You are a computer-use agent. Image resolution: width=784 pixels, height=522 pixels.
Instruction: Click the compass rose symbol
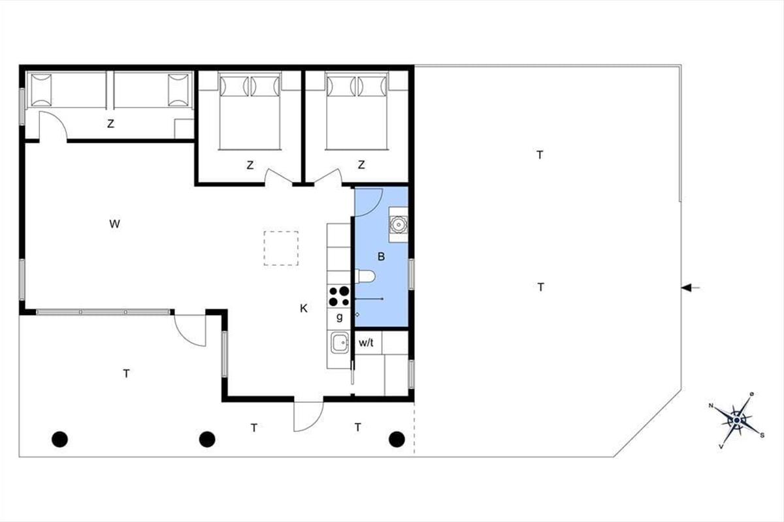pyautogui.click(x=737, y=421)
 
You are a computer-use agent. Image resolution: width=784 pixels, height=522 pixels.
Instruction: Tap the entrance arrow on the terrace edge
pyautogui.click(x=690, y=288)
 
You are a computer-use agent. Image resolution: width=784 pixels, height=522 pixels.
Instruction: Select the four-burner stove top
pyautogui.click(x=339, y=296)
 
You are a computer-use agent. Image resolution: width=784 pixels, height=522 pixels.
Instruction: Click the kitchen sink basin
pyautogui.click(x=340, y=343)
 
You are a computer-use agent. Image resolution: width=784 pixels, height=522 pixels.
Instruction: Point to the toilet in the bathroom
pyautogui.click(x=365, y=277)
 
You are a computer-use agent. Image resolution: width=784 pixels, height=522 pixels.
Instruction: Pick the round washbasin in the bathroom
pyautogui.click(x=399, y=224)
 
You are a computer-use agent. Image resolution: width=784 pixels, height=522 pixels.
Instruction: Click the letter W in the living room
pyautogui.click(x=114, y=224)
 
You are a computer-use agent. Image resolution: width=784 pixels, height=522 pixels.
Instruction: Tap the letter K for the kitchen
pyautogui.click(x=304, y=309)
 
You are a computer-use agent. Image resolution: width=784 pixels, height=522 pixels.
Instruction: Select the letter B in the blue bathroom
pyautogui.click(x=381, y=257)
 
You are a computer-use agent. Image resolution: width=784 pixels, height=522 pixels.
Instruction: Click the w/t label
pyautogui.click(x=366, y=343)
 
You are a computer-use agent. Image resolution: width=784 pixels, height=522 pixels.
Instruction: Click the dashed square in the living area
pyautogui.click(x=281, y=248)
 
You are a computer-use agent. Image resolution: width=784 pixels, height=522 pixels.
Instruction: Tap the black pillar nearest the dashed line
pyautogui.click(x=397, y=440)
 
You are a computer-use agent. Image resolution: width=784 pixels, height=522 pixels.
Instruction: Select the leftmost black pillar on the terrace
pyautogui.click(x=59, y=440)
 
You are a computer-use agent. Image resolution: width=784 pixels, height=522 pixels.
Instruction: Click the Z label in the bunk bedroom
pyautogui.click(x=110, y=124)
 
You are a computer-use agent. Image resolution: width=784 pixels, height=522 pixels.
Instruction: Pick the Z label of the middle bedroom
pyautogui.click(x=250, y=165)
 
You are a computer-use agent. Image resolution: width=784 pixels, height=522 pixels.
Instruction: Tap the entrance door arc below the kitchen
pyautogui.click(x=315, y=423)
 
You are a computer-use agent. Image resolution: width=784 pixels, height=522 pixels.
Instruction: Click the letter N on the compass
pyautogui.click(x=711, y=406)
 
